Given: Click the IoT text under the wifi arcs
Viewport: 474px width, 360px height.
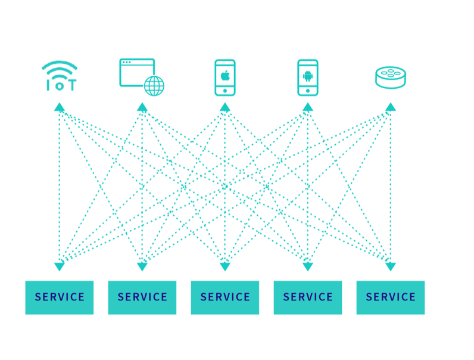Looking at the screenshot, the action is pyautogui.click(x=61, y=85).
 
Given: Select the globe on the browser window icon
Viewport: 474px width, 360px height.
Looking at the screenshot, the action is pyautogui.click(x=154, y=86).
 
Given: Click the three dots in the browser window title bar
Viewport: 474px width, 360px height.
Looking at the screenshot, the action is pyautogui.click(x=127, y=63).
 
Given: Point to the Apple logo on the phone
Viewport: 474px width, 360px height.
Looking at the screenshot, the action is pyautogui.click(x=225, y=76).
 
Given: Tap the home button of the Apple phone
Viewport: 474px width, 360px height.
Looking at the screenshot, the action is pyautogui.click(x=225, y=91).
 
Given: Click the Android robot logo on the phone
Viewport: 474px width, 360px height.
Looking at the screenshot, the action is pyautogui.click(x=308, y=76).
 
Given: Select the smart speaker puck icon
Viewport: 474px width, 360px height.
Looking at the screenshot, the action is pyautogui.click(x=391, y=77).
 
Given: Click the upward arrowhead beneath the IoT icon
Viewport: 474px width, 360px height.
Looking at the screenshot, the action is pyautogui.click(x=60, y=107).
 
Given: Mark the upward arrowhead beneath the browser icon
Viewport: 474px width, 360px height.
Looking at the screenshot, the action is pyautogui.click(x=142, y=107).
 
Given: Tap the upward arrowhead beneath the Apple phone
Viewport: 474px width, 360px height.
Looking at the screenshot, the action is pyautogui.click(x=225, y=107).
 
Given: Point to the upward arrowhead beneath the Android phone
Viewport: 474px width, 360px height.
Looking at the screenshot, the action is pyautogui.click(x=308, y=107).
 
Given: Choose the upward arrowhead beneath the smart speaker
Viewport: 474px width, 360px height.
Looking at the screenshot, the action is pyautogui.click(x=391, y=107).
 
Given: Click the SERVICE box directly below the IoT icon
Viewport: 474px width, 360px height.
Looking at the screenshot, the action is pyautogui.click(x=60, y=297).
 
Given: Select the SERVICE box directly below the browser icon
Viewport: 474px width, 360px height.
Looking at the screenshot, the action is pyautogui.click(x=142, y=297).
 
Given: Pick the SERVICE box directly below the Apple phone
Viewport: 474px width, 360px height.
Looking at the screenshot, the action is pyautogui.click(x=225, y=297).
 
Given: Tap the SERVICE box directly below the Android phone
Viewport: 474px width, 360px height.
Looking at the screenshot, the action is pyautogui.click(x=308, y=297).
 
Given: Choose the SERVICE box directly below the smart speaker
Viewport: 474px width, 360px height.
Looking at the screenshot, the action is pyautogui.click(x=391, y=297).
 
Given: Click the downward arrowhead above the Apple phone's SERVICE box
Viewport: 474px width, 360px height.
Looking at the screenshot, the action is pyautogui.click(x=225, y=267).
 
